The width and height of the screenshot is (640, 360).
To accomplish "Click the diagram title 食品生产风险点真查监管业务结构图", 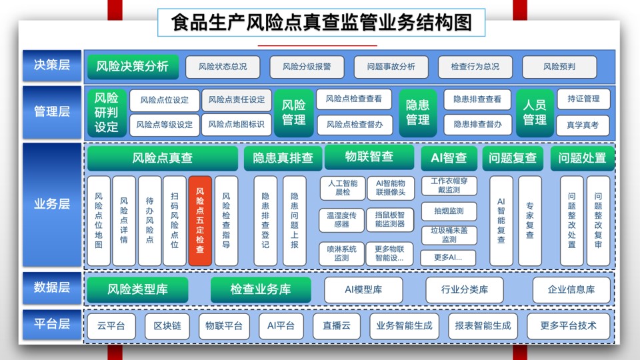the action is (x=321, y=23).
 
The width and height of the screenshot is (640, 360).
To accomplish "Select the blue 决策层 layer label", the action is (x=52, y=65).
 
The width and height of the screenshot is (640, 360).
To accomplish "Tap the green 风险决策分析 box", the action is (x=133, y=67).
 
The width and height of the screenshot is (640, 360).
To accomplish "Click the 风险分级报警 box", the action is (x=307, y=67).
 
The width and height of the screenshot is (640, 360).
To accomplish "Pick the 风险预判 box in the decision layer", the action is (x=559, y=67).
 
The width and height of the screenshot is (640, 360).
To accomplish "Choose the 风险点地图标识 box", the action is (x=236, y=125).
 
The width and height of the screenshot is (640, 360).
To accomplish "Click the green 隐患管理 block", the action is (x=417, y=113).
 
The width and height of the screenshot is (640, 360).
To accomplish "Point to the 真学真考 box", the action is (x=583, y=125).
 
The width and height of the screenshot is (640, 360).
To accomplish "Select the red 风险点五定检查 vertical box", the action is (x=200, y=221).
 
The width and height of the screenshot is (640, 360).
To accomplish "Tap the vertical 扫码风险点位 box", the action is (x=174, y=221).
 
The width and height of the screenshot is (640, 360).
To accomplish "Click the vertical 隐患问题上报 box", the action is (x=294, y=221).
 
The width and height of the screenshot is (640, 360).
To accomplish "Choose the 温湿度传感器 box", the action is (x=341, y=219).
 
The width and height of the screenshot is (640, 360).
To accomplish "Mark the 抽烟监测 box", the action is (x=449, y=211).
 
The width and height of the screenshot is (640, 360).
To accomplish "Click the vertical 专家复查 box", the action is (x=530, y=221).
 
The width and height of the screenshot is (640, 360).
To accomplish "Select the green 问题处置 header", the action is (x=582, y=158).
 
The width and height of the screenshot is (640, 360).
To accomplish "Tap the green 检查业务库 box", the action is (x=261, y=289).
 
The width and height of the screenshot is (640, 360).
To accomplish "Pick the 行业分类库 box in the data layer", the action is (x=465, y=290).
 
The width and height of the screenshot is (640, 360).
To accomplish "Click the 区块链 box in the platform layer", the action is (x=167, y=326).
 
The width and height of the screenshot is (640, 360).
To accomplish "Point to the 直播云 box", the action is (x=336, y=326).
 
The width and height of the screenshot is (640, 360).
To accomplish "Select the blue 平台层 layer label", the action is (x=52, y=325).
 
